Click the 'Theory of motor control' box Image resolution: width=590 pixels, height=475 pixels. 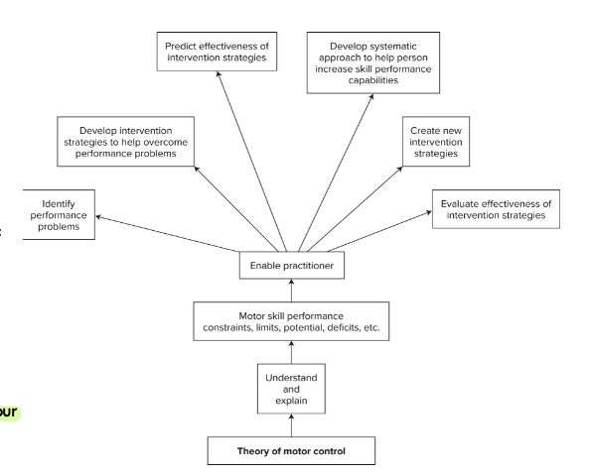coord(291,451)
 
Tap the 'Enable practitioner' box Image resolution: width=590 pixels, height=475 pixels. coord(291,266)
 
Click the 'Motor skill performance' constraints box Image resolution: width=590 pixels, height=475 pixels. coord(291,321)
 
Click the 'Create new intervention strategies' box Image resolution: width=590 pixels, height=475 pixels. coord(437,144)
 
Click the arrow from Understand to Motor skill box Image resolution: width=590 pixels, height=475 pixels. coord(291,354)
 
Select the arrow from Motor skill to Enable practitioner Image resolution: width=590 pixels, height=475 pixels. coord(291,291)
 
